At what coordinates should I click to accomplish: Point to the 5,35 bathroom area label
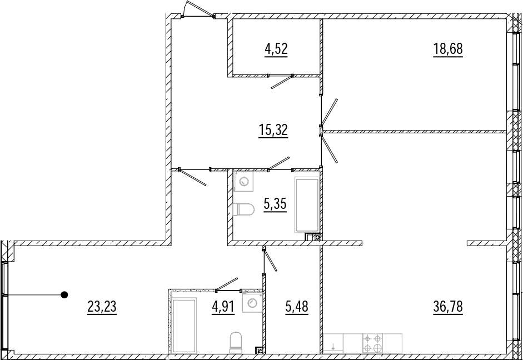coord(275,204)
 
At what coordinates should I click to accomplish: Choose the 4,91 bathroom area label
coord(222,306)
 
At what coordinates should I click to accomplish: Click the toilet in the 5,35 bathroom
coord(243,209)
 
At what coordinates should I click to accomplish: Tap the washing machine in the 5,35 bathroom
coord(243,181)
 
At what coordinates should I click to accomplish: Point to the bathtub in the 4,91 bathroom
coord(183,324)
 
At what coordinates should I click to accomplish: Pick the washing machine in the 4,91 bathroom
coord(253,302)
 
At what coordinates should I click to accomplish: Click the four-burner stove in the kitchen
coord(372,342)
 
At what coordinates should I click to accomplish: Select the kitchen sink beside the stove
coord(333,342)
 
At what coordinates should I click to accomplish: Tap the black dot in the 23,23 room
coord(64,294)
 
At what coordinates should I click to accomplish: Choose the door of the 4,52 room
coord(282,82)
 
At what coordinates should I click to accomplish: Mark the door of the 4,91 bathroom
coord(227,284)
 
